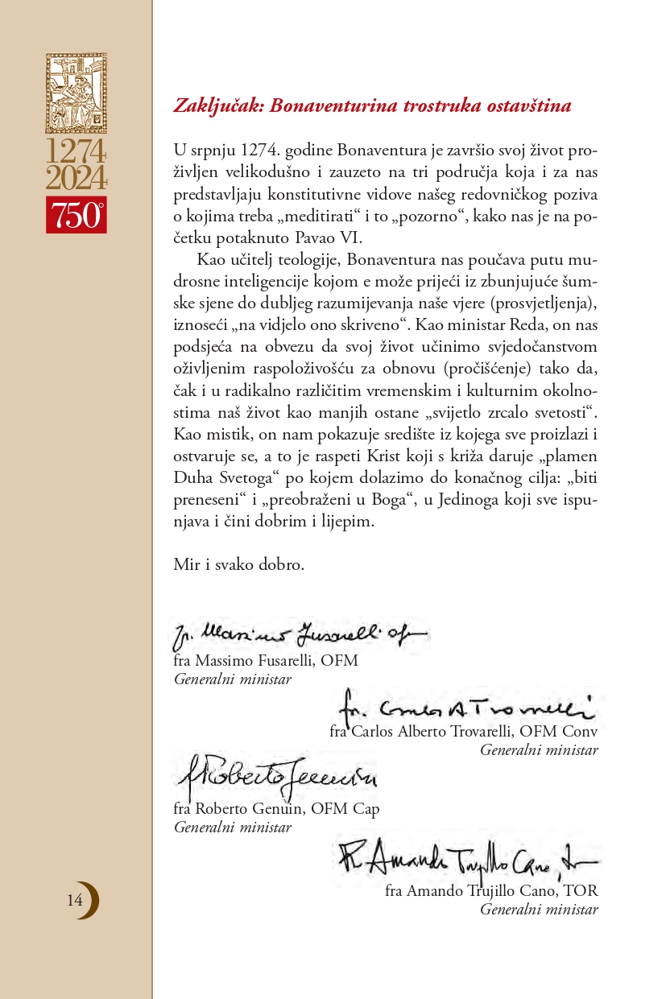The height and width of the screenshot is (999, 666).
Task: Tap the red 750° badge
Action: click(x=76, y=215)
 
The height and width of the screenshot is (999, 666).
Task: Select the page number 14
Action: click(x=75, y=901)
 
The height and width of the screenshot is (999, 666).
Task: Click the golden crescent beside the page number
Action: click(x=91, y=901)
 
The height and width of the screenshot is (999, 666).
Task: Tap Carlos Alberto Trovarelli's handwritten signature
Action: click(x=465, y=706)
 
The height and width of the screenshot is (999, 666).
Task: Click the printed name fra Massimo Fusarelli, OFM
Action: click(x=266, y=661)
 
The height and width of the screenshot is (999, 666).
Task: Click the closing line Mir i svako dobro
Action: click(x=239, y=564)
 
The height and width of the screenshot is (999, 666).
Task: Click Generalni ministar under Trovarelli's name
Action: click(x=539, y=750)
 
